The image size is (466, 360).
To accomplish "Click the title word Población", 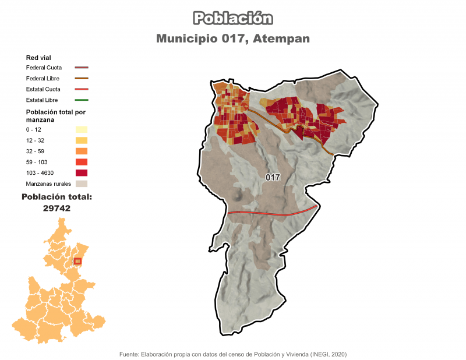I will pos(233,18).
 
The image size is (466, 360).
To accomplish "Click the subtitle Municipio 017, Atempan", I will pos(233,38).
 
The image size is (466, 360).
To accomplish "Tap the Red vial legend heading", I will pos(38,58).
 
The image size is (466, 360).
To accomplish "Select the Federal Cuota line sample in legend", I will pos(81,68).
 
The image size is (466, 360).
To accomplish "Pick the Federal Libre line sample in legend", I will pos(81,78).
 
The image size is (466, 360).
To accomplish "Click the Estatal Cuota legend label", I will pos(44,89).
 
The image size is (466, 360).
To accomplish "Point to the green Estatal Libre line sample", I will pos(81,100).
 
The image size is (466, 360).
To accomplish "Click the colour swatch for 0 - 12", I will pos(81,129).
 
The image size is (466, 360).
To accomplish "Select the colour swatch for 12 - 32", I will pos(81,140).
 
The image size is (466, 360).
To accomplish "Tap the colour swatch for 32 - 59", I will pos(81,151).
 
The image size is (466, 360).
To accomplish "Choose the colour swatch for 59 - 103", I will pos(81,162).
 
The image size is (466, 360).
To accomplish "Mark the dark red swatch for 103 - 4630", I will pos(81,173).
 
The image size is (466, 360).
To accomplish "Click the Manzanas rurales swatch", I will pos(81,183).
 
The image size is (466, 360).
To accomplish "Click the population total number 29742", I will pos(57,207).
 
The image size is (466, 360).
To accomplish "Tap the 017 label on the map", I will pos(273,177).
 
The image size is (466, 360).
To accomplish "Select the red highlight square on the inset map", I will pos(78,260).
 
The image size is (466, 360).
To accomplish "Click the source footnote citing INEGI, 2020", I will pos(233,354).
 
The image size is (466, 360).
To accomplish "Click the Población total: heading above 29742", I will pos(57,197).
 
